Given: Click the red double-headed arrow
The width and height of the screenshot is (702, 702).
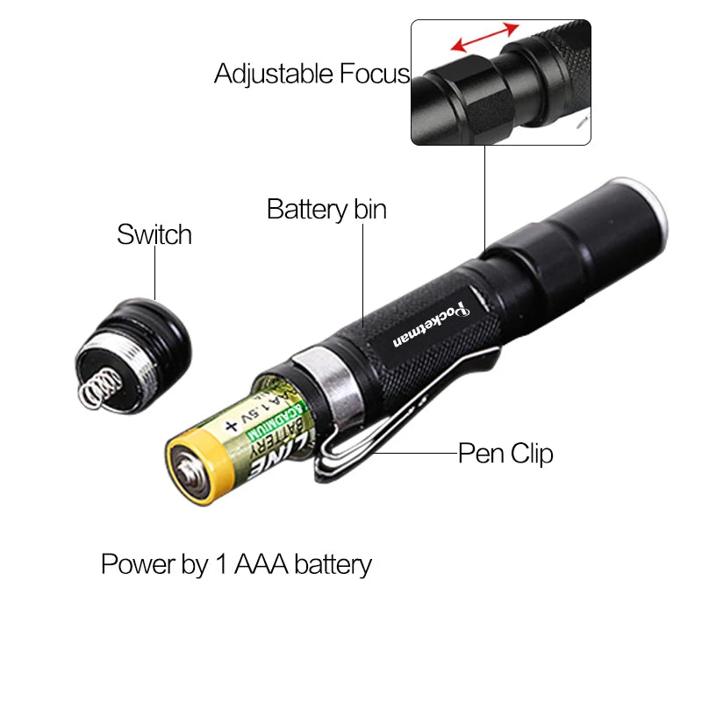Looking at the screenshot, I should pyautogui.click(x=484, y=39).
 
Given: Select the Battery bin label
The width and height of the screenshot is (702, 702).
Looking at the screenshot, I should pyautogui.click(x=326, y=210).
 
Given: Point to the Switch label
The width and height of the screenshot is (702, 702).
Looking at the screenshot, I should pyautogui.click(x=154, y=235).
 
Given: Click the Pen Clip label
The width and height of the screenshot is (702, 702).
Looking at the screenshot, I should pyautogui.click(x=506, y=454).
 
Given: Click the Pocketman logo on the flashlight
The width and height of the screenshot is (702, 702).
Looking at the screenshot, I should pyautogui.click(x=430, y=319).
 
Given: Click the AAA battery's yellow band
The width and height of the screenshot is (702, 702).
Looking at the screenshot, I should pyautogui.click(x=211, y=456).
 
